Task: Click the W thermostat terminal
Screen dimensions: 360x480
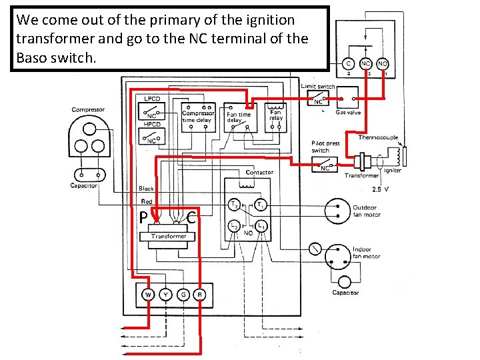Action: click(147, 294)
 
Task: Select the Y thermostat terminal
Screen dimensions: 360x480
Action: click(165, 294)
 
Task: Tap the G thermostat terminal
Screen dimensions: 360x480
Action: click(182, 294)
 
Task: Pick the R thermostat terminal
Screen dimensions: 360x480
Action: click(199, 294)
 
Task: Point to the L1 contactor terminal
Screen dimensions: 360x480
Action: click(262, 227)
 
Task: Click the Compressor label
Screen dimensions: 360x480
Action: click(88, 109)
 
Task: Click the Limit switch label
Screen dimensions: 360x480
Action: click(318, 86)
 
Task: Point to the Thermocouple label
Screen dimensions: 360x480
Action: click(378, 137)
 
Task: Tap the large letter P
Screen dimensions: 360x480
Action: click(143, 217)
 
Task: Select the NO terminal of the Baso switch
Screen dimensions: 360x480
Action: click(383, 64)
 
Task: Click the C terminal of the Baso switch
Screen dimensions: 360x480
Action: click(348, 64)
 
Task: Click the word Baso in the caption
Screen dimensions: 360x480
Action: click(33, 58)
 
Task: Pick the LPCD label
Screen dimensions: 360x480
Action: click(153, 98)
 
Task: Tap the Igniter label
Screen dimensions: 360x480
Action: click(392, 171)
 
